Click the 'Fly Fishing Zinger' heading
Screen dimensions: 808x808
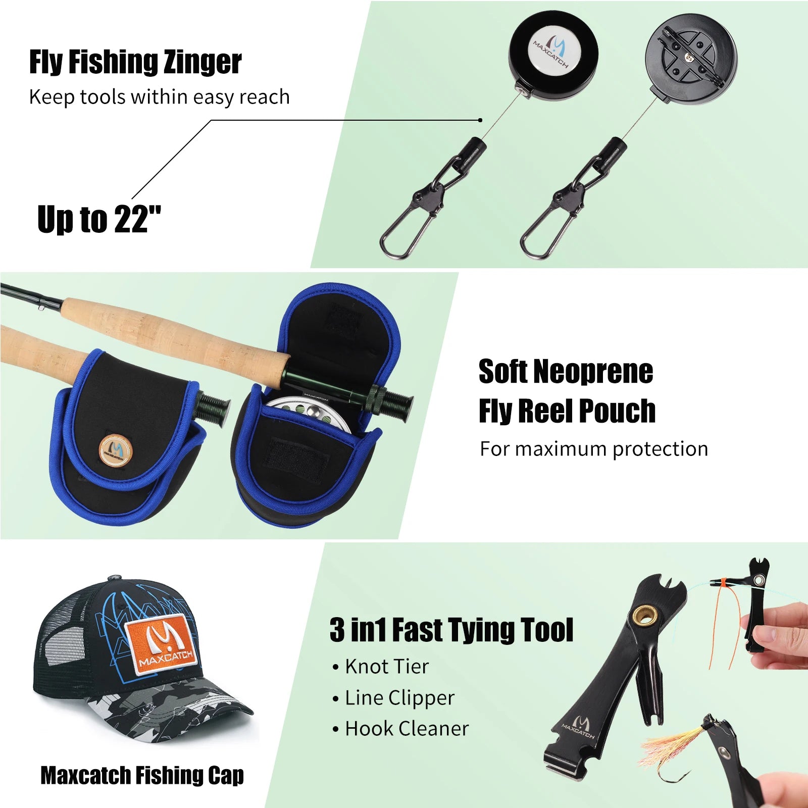(135, 62)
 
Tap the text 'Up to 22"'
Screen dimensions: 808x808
(99, 220)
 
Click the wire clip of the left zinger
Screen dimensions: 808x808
(407, 227)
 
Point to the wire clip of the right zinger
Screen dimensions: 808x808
(547, 227)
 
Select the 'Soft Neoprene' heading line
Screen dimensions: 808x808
(566, 372)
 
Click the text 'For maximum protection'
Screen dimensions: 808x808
(593, 449)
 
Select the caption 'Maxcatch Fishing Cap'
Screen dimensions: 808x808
(142, 776)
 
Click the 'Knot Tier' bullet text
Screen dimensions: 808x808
(386, 667)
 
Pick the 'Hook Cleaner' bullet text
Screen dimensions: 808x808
(407, 729)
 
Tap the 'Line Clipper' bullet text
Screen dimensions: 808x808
(399, 698)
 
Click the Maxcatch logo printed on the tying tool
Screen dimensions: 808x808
(579, 727)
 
